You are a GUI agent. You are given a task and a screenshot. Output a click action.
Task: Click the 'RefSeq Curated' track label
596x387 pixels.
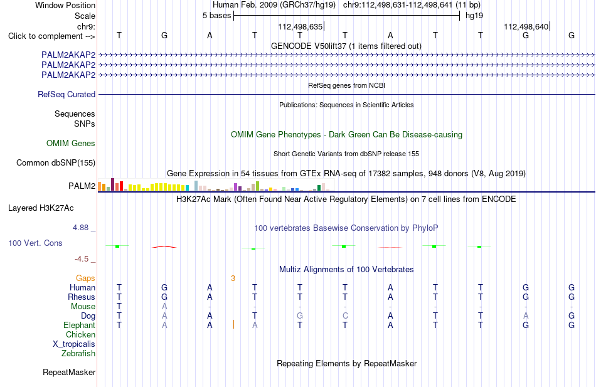67,94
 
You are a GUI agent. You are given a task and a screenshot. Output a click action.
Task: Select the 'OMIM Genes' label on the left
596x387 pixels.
71,143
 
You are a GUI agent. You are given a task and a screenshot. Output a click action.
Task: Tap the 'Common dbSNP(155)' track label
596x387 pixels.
56,162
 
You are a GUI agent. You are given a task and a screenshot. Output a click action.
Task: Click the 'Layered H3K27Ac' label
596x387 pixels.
41,208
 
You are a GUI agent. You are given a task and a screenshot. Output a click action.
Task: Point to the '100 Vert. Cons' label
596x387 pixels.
35,243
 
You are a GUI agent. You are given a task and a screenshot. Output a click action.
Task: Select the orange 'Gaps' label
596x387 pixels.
85,278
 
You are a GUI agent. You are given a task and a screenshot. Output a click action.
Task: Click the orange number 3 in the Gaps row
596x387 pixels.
233,278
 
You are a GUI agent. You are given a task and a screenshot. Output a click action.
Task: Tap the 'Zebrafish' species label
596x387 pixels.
78,354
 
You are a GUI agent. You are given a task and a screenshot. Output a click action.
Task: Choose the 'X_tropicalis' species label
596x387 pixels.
74,344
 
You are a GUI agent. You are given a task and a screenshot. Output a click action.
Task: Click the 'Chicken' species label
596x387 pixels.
80,334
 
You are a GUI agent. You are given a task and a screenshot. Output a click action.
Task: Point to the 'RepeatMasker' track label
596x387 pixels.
69,372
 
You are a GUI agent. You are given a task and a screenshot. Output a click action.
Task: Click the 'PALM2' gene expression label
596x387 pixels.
82,186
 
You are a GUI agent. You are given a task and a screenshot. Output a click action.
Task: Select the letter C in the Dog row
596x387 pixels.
345,316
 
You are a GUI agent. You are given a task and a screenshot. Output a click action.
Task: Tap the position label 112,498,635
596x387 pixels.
301,26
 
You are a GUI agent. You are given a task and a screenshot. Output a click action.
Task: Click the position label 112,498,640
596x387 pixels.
526,26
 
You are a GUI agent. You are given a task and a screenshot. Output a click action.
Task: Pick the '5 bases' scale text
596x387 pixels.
216,16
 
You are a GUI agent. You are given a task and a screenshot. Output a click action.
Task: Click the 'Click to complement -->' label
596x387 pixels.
51,36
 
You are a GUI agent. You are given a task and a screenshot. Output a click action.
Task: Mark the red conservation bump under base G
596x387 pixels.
164,247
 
